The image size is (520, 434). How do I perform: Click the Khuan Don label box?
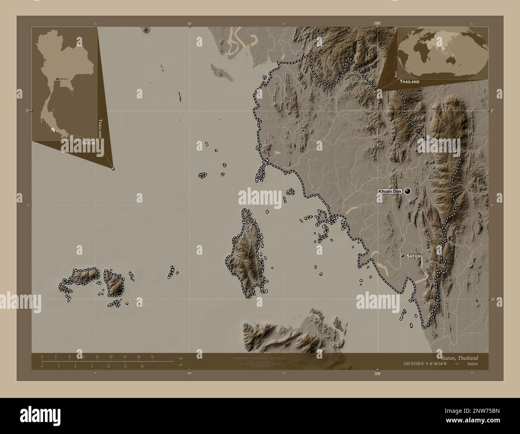390,192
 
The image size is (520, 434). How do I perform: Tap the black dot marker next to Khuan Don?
408,191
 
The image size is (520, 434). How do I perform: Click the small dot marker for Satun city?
403,255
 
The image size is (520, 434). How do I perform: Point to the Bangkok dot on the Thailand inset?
58,79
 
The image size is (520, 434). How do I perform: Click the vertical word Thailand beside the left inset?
100,128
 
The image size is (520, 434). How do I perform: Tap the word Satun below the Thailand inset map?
88,143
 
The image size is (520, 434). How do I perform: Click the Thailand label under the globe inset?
409,81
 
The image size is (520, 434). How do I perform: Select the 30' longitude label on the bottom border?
189,374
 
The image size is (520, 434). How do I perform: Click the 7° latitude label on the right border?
492,111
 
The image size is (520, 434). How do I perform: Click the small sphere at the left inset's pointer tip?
113,169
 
